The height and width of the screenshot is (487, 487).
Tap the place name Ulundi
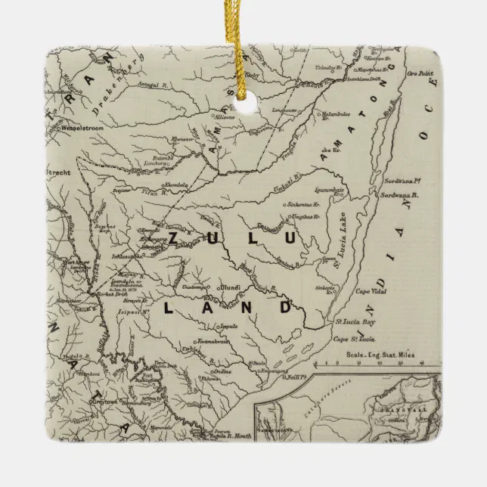[229, 287]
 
